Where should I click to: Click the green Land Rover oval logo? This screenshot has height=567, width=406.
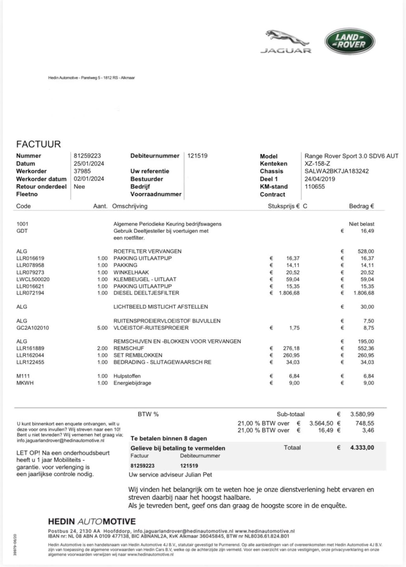(350, 41)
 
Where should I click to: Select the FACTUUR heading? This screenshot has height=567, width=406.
(38, 144)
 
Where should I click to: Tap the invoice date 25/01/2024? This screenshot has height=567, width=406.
(89, 164)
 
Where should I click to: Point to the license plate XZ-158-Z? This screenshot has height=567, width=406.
(317, 164)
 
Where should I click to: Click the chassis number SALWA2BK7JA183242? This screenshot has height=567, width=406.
(337, 171)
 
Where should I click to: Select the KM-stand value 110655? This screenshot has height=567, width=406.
(315, 186)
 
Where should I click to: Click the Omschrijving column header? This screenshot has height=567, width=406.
(130, 206)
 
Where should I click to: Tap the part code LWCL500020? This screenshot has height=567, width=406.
(33, 279)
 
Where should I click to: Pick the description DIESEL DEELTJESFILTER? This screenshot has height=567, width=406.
(146, 293)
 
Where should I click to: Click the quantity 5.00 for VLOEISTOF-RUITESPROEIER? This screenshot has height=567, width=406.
(102, 328)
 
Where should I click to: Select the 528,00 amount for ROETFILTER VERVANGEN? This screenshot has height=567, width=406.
(366, 251)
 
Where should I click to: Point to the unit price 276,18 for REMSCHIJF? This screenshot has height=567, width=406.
(291, 348)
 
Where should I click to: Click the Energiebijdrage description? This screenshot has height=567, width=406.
(132, 383)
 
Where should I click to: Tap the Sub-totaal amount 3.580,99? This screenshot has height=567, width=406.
(362, 414)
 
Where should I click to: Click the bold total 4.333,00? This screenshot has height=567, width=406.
(362, 448)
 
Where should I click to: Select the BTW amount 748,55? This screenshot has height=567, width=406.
(364, 423)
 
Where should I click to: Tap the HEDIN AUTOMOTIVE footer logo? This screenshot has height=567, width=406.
(92, 522)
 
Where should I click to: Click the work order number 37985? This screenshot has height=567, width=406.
(82, 171)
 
